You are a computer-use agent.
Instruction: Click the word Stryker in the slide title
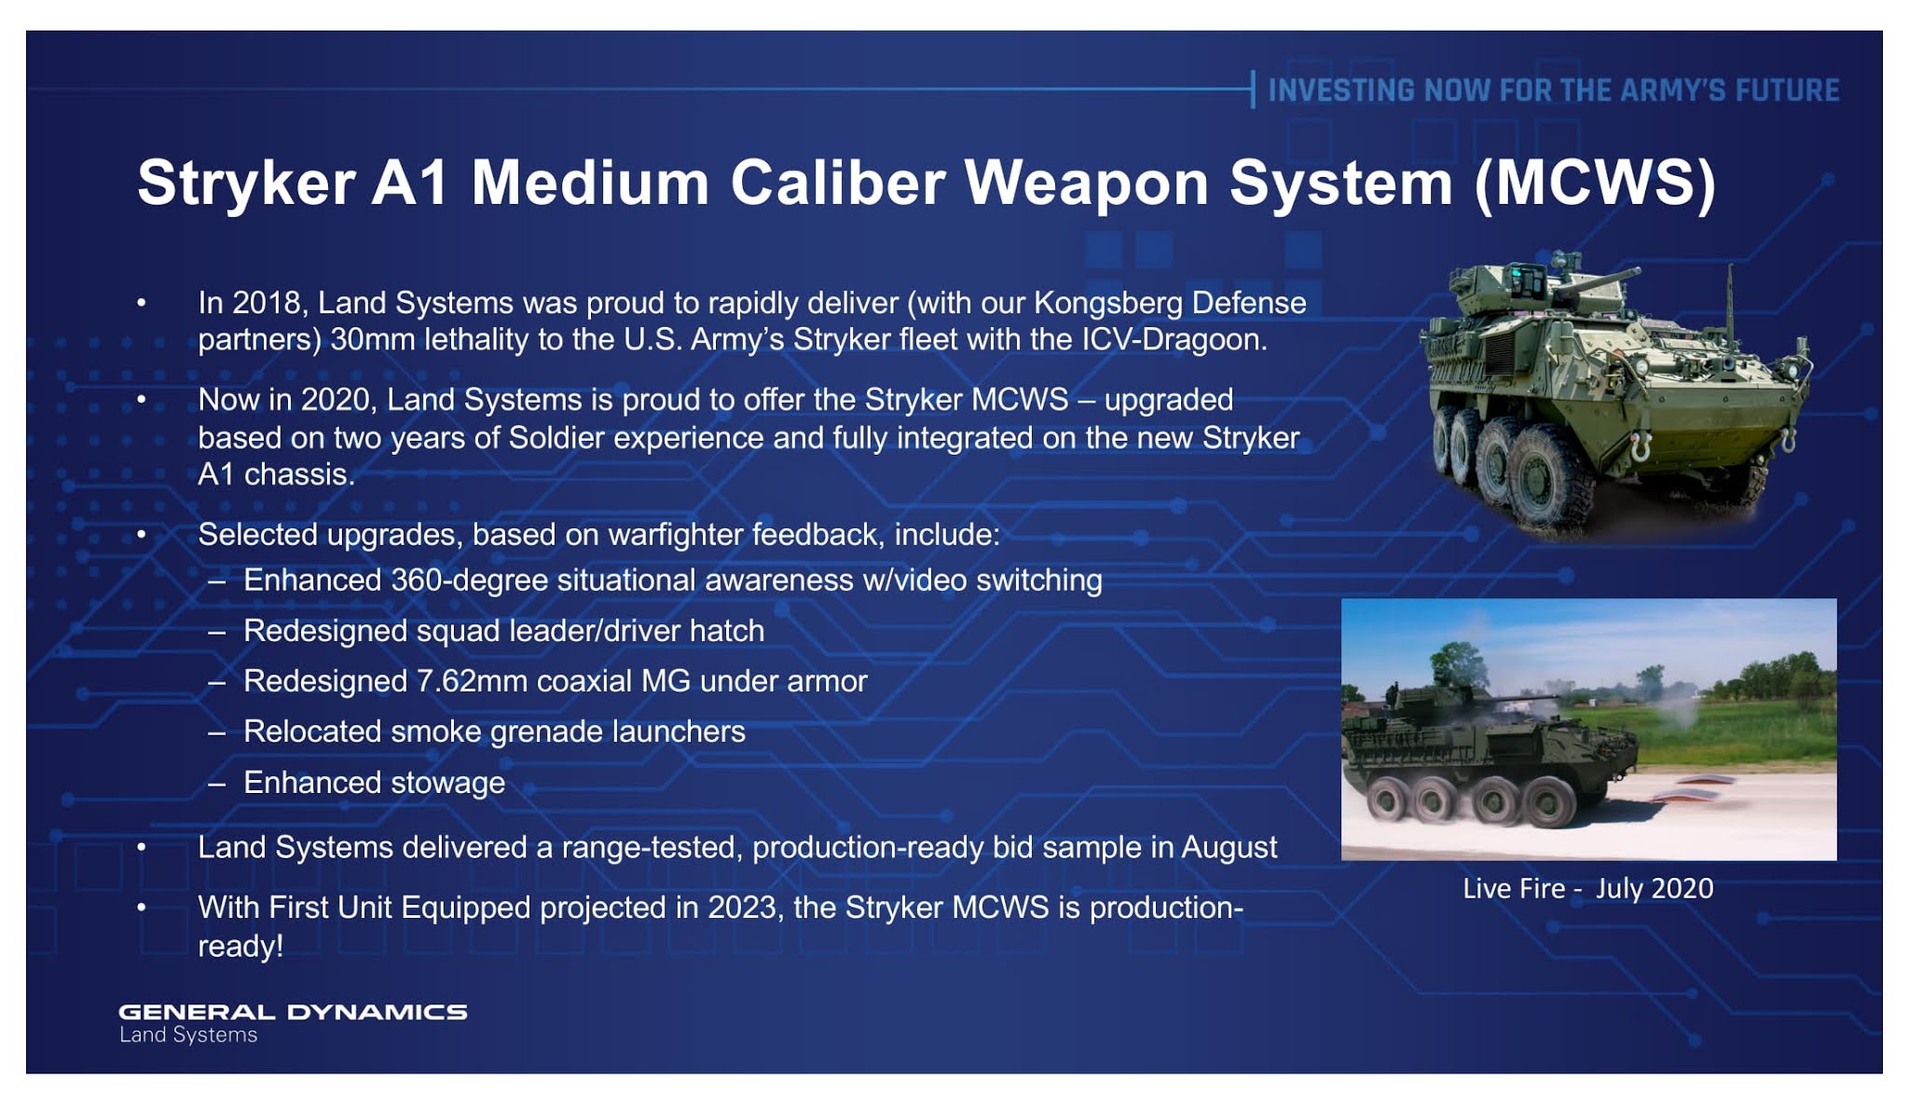[x=246, y=183]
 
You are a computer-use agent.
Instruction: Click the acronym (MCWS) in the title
[x=1595, y=184]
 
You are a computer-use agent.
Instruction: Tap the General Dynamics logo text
[x=293, y=1012]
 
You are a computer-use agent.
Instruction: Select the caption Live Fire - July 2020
[x=1588, y=888]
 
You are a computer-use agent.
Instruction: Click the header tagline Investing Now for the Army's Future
[x=1554, y=90]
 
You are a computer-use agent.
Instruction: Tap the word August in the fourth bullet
[x=1229, y=848]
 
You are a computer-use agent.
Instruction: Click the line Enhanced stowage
[x=374, y=783]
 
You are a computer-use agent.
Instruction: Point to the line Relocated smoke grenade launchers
[x=494, y=731]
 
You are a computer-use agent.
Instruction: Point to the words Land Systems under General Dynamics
[x=188, y=1035]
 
